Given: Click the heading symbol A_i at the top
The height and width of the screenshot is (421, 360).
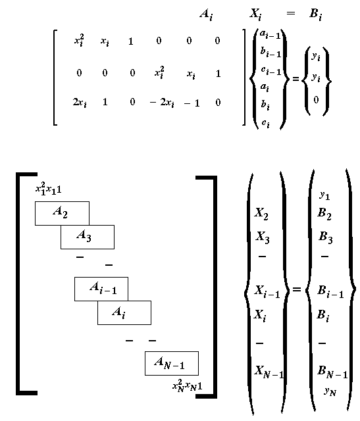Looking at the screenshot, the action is [x=206, y=14].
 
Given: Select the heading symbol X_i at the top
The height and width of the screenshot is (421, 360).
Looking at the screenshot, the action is [x=255, y=14].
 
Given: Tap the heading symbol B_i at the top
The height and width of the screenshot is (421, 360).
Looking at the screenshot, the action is [x=316, y=14].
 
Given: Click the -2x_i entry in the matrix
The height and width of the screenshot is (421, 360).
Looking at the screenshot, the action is [x=162, y=103].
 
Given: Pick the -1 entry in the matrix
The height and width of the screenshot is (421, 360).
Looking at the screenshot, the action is [x=192, y=103].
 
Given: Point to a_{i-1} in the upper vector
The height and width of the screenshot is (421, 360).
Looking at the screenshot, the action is [x=270, y=34].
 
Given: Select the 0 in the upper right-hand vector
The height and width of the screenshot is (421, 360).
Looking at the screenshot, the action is [x=316, y=100].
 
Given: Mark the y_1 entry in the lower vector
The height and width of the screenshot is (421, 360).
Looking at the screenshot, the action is [x=324, y=195].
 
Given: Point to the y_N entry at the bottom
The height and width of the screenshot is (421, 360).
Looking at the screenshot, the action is [x=330, y=392].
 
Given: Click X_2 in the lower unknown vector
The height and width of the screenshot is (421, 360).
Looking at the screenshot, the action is [x=261, y=214].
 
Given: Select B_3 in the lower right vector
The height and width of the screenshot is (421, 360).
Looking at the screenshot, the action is [x=326, y=237].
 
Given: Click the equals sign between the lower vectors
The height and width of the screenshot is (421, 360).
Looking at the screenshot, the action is [x=296, y=289].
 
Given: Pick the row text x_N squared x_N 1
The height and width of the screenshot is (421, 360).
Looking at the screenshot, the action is [x=187, y=386].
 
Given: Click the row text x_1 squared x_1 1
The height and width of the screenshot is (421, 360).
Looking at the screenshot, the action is [x=48, y=189].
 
